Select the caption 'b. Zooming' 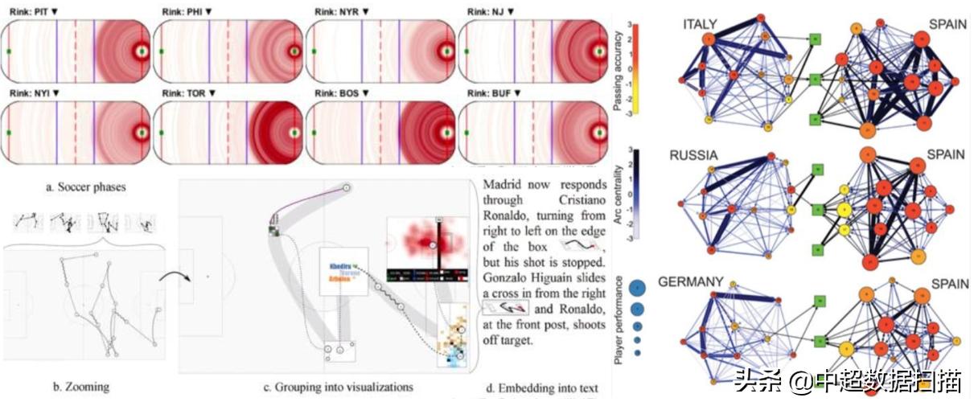click(80, 388)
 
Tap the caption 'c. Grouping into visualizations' click(339, 388)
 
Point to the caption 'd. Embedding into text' click(542, 390)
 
